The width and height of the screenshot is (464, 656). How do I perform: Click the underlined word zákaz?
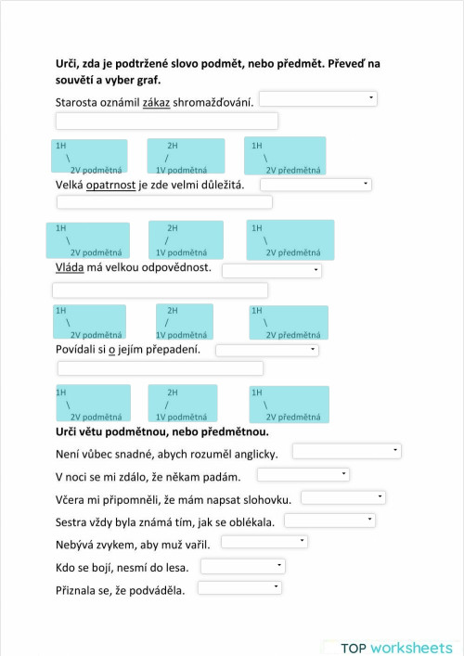pyautogui.click(x=156, y=101)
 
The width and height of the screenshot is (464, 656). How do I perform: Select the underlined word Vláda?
pyautogui.click(x=70, y=268)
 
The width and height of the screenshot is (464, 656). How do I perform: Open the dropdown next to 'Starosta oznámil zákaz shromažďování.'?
pyautogui.click(x=317, y=98)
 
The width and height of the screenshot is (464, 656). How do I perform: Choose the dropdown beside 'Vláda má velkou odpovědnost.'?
pyautogui.click(x=271, y=270)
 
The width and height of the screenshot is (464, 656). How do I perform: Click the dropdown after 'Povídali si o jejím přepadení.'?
pyautogui.click(x=266, y=350)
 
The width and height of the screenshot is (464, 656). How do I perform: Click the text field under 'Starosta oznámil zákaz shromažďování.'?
pyautogui.click(x=167, y=121)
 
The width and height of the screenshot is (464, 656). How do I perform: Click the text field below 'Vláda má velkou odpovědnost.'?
pyautogui.click(x=161, y=290)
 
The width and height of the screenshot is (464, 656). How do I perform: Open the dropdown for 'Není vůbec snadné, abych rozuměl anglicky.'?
pyautogui.click(x=346, y=451)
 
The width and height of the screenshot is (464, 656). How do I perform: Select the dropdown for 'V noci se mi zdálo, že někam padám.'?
pyautogui.click(x=303, y=474)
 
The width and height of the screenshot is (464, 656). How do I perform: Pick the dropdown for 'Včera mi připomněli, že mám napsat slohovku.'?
pyautogui.click(x=349, y=497)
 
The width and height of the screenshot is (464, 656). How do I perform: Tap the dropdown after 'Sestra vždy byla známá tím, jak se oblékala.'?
pyautogui.click(x=329, y=521)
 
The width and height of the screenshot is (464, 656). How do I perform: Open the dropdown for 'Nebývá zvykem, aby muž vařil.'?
pyautogui.click(x=264, y=542)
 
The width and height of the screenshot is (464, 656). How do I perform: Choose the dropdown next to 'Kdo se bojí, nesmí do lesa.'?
pyautogui.click(x=243, y=565)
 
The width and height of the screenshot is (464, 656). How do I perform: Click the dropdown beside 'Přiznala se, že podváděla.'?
pyautogui.click(x=238, y=587)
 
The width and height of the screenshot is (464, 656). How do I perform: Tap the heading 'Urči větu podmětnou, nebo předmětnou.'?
pyautogui.click(x=162, y=431)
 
